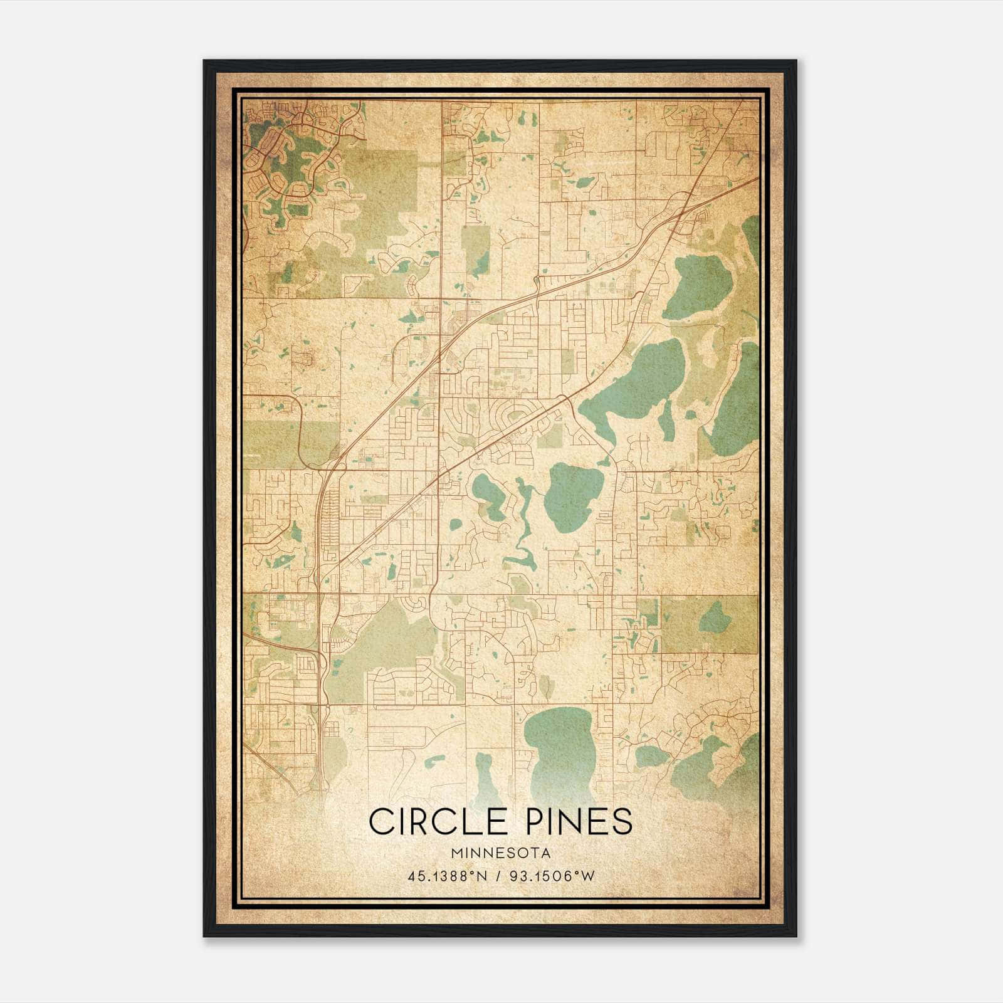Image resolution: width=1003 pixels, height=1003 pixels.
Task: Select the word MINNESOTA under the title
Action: (x=500, y=853)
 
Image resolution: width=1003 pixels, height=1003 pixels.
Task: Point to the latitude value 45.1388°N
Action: (x=446, y=876)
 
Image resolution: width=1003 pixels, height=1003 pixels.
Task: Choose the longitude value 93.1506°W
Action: (x=551, y=876)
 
